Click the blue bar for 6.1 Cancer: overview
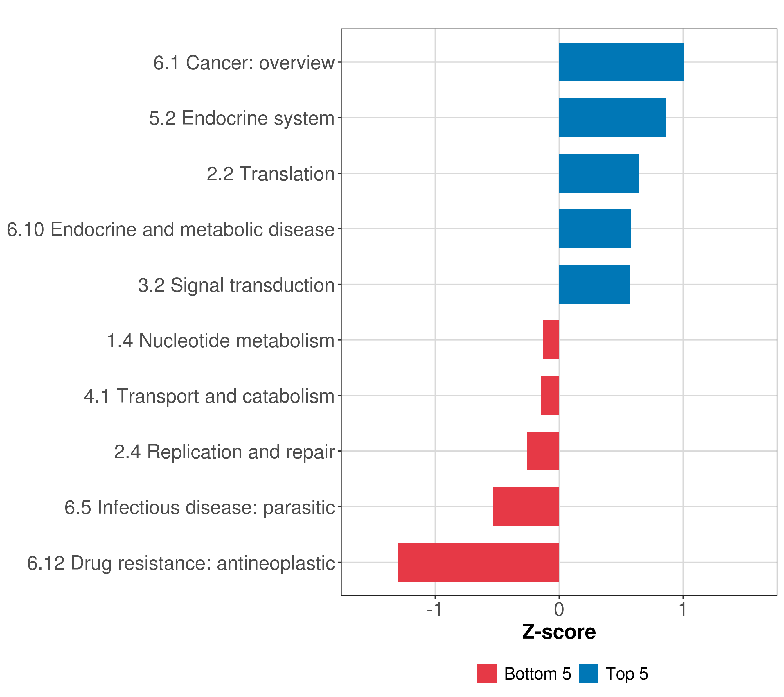[x=621, y=62]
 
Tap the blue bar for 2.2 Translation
[x=599, y=173]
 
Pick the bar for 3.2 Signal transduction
[x=594, y=284]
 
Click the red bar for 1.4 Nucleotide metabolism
[x=551, y=340]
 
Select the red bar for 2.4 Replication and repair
[x=543, y=451]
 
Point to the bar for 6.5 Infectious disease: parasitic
[x=526, y=507]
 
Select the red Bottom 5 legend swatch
[x=487, y=673]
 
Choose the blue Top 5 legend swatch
[x=588, y=673]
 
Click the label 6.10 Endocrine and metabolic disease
[x=171, y=229]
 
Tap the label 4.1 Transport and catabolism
[x=209, y=396]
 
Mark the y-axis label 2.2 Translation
[x=271, y=174]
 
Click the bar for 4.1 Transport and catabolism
[x=550, y=396]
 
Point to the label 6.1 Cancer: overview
[x=244, y=62]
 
